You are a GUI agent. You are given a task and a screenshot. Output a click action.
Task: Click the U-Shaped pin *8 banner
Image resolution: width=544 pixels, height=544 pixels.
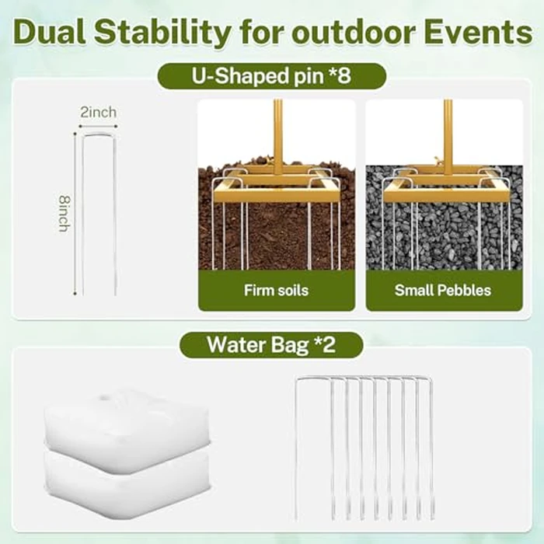pyautogui.click(x=272, y=76)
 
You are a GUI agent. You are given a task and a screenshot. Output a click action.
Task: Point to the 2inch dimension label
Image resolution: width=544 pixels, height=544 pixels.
pyautogui.click(x=99, y=112)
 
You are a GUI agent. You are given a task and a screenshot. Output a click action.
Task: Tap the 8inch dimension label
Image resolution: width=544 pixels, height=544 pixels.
pyautogui.click(x=65, y=214)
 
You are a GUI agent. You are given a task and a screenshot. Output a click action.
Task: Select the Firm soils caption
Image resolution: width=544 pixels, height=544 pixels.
pyautogui.click(x=276, y=290)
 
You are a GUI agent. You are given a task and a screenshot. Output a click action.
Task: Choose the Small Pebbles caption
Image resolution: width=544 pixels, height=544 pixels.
pyautogui.click(x=443, y=290)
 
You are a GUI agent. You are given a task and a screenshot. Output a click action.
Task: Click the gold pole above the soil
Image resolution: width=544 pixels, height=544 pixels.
pyautogui.click(x=278, y=137)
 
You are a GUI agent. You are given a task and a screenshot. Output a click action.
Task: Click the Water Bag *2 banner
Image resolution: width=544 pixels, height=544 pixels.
pyautogui.click(x=271, y=345)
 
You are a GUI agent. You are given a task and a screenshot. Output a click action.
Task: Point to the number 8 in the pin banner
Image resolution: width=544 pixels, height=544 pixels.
pyautogui.click(x=343, y=75)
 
